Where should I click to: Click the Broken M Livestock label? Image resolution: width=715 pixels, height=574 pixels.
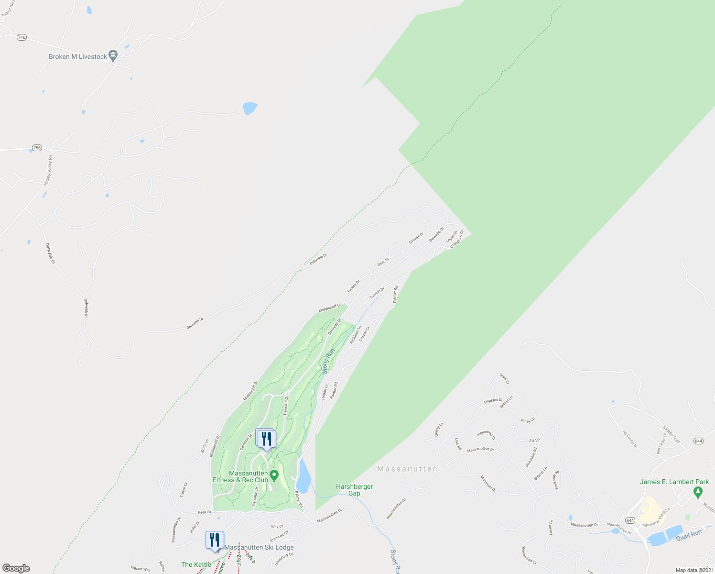(78, 56)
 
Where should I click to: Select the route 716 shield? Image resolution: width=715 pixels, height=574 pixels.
(21, 37)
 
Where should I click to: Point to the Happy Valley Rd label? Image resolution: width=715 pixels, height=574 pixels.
(48, 169)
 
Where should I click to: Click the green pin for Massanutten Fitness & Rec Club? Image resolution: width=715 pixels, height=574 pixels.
(274, 476)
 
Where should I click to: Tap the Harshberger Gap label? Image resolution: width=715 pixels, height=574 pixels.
(354, 490)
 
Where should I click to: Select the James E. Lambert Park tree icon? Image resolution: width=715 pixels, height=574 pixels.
(698, 491)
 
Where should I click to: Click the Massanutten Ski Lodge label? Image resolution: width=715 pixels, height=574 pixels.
(259, 547)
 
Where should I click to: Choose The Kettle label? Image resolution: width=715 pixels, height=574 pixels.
(196, 564)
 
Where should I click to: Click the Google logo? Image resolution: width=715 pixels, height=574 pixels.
(16, 568)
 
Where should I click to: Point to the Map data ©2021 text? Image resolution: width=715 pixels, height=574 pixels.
(694, 570)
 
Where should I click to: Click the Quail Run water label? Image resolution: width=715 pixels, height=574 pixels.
(689, 535)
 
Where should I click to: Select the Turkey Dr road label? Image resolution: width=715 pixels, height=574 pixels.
(353, 287)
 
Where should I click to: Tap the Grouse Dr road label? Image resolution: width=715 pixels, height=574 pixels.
(416, 238)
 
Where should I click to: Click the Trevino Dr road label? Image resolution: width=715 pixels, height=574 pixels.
(377, 293)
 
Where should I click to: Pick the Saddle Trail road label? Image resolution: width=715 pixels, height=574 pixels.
(671, 434)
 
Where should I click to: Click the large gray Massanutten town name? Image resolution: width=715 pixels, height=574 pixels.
(407, 469)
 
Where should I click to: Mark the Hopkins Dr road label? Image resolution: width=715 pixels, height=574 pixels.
(493, 400)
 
